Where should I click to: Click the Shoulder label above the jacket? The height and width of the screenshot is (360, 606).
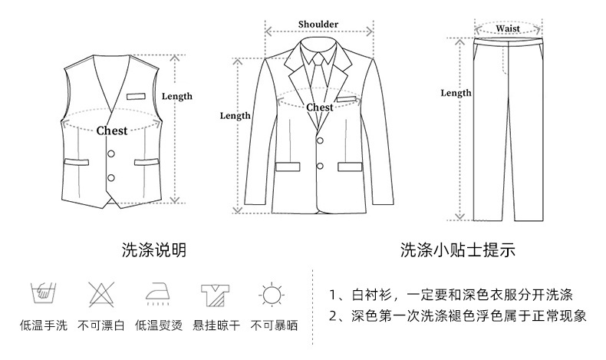[318, 25]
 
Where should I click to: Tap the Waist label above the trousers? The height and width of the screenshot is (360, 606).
[507, 28]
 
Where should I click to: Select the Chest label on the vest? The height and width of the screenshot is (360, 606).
[112, 130]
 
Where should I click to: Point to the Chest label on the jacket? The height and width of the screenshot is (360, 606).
[320, 107]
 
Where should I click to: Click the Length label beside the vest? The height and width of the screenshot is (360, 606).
[177, 96]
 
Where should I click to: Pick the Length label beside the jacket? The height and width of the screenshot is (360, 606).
[235, 116]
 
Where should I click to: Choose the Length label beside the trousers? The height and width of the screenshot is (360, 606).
[456, 93]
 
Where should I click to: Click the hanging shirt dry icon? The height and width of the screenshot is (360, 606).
[214, 295]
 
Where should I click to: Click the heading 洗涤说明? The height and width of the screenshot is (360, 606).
[154, 249]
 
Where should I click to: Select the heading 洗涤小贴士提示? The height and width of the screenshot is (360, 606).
[456, 249]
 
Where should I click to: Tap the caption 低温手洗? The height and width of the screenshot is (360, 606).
[42, 325]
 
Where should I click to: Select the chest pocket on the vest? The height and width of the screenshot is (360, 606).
[136, 97]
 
